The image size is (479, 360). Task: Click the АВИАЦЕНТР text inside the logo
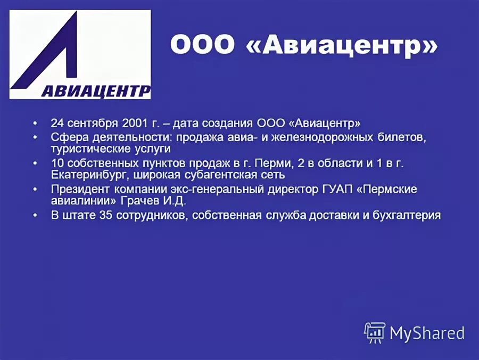96,91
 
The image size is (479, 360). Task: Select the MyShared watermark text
427,333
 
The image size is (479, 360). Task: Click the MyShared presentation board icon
375,332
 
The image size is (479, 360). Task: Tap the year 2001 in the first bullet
134,123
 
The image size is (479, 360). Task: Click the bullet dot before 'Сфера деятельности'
35,137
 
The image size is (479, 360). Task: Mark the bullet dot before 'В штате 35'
35,216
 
